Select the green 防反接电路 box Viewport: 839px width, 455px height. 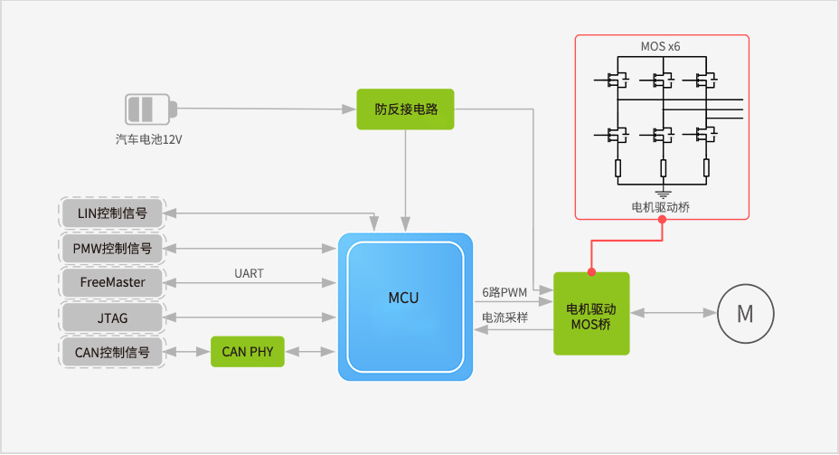[x=405, y=110]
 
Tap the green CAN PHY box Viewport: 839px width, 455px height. [x=247, y=351]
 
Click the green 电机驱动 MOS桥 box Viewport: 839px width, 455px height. [x=590, y=313]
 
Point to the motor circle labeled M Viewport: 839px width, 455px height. [x=745, y=314]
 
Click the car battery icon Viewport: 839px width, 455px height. [x=146, y=109]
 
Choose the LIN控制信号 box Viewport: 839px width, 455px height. [x=113, y=214]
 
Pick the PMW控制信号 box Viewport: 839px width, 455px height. [x=113, y=248]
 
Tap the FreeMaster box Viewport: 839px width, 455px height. [x=113, y=282]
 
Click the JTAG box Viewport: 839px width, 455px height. [x=113, y=317]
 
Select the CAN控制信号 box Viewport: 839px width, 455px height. [x=113, y=351]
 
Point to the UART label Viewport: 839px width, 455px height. [x=249, y=273]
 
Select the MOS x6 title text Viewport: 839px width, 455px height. [x=662, y=46]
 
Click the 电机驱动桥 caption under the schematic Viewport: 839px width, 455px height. [x=662, y=207]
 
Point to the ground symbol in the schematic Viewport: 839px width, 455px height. [x=663, y=192]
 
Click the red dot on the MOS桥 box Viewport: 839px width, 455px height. [x=591, y=272]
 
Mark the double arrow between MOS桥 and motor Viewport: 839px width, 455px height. [x=673, y=313]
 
